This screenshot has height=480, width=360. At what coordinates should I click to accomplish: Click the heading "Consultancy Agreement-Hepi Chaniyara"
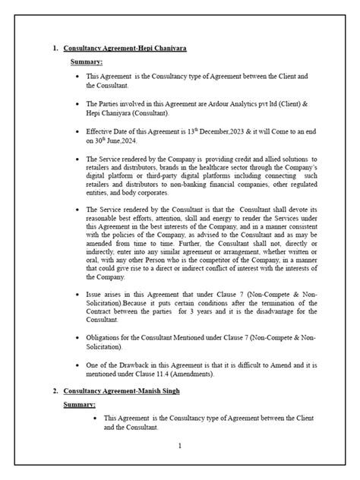click(125, 49)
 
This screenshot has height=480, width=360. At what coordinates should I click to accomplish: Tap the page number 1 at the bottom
click(179, 446)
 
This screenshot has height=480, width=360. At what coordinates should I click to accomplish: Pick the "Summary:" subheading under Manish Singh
click(86, 405)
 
